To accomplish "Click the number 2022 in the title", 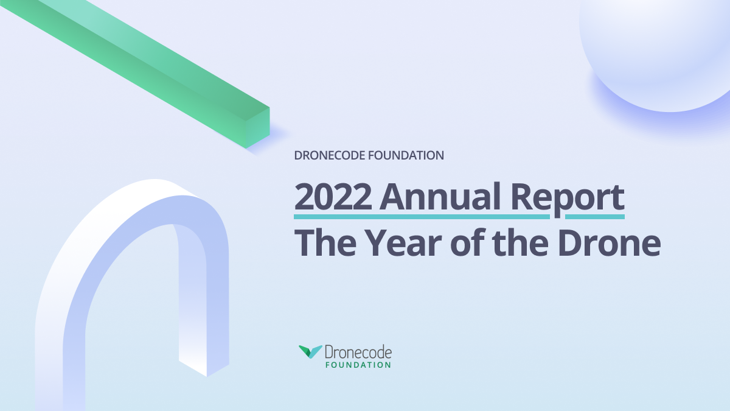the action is [333, 197].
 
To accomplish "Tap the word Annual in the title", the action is [440, 196].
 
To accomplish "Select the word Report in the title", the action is [568, 198].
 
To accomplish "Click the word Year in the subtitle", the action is [403, 243].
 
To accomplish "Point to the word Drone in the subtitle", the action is [609, 243].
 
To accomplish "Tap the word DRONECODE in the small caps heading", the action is [330, 155].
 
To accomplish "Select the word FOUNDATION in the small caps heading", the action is [406, 155].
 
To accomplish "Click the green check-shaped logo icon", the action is [310, 352].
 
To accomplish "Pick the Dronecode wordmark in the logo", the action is [358, 352].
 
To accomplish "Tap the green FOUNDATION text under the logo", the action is [358, 365].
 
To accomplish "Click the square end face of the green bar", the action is [258, 128].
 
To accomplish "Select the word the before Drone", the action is [520, 243].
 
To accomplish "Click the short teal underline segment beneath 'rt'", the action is [595, 217].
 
